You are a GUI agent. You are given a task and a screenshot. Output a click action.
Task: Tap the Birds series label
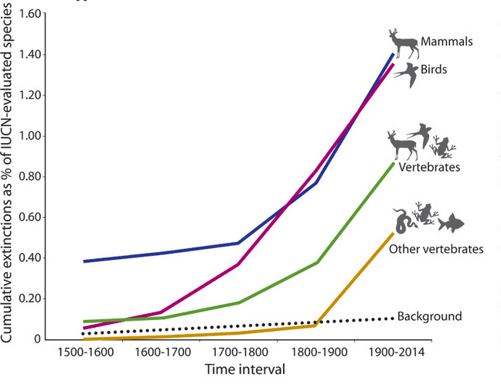pyautogui.click(x=435, y=70)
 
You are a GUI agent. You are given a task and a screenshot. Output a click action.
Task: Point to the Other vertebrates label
pyautogui.click(x=436, y=249)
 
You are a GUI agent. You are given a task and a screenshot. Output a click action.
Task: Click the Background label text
pyautogui.click(x=429, y=315)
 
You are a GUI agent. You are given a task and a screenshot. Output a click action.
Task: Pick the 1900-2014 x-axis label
pyautogui.click(x=397, y=353)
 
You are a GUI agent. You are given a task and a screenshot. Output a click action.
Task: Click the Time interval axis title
pyautogui.click(x=246, y=370)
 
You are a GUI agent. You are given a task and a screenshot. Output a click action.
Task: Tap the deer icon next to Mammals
pyautogui.click(x=403, y=44)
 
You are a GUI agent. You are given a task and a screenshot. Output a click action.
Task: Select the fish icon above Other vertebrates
pyautogui.click(x=451, y=224)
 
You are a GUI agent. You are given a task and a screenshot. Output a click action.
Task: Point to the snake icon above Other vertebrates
pyautogui.click(x=403, y=221)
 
